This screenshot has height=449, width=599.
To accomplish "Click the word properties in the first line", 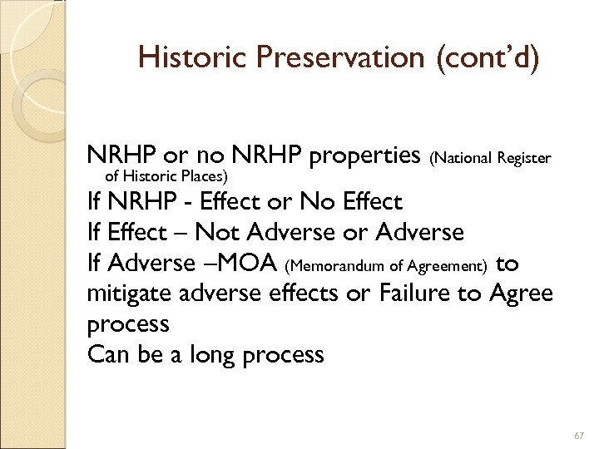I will click(x=363, y=155).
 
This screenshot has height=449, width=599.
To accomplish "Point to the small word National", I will click(x=461, y=157).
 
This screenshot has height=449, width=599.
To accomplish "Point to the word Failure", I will click(x=403, y=294).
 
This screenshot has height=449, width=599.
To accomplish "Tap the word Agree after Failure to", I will click(x=520, y=294).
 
